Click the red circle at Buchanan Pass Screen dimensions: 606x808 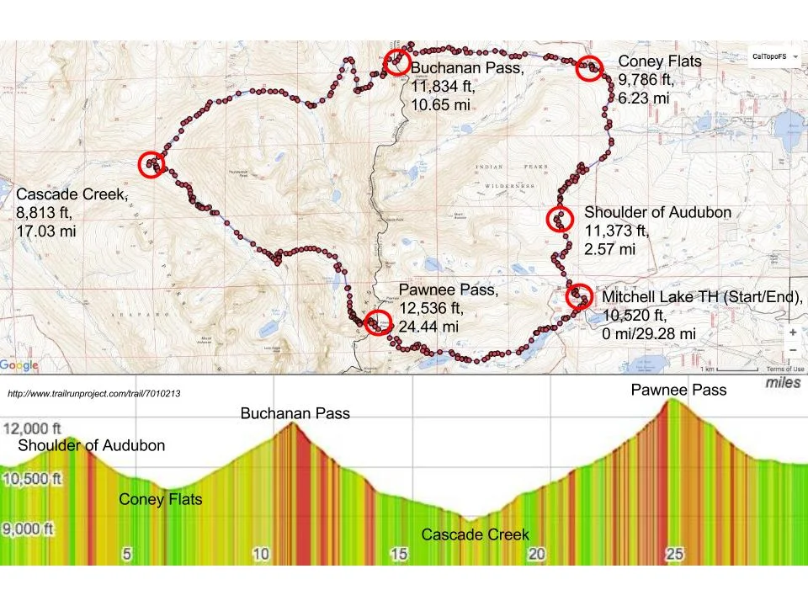pyautogui.click(x=396, y=62)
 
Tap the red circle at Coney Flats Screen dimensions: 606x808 pyautogui.click(x=590, y=68)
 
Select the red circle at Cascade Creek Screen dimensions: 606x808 pyautogui.click(x=152, y=164)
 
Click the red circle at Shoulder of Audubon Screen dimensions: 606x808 pyautogui.click(x=560, y=220)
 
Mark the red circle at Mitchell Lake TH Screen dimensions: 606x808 pyautogui.click(x=578, y=296)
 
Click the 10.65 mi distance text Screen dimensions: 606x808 pyautogui.click(x=440, y=104)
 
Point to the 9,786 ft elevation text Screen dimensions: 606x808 pyautogui.click(x=646, y=81)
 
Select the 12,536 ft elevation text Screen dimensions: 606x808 pyautogui.click(x=431, y=309)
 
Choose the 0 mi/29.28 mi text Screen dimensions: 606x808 pyautogui.click(x=649, y=334)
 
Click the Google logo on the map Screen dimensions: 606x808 pyautogui.click(x=19, y=365)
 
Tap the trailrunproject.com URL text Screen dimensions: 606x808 pyautogui.click(x=93, y=393)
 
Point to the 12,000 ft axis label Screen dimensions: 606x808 pyautogui.click(x=35, y=427)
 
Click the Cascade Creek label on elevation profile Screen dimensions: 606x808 pyautogui.click(x=475, y=534)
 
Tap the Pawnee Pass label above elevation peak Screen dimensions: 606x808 pyautogui.click(x=679, y=390)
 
